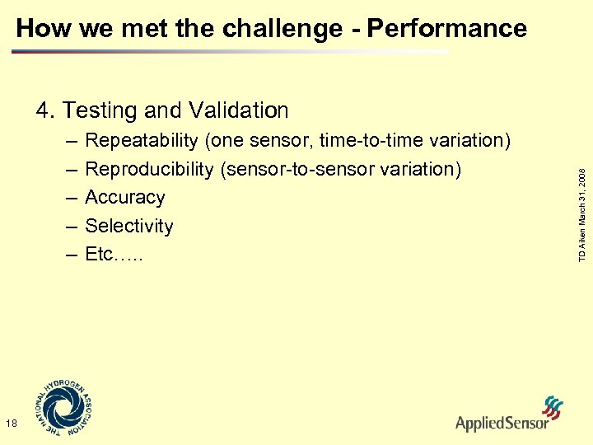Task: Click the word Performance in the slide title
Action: (446, 29)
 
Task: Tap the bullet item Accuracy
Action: (124, 198)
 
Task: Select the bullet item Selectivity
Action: (129, 226)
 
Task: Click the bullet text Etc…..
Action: (114, 255)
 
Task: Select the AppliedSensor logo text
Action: (502, 424)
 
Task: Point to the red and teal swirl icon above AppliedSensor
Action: (553, 408)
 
